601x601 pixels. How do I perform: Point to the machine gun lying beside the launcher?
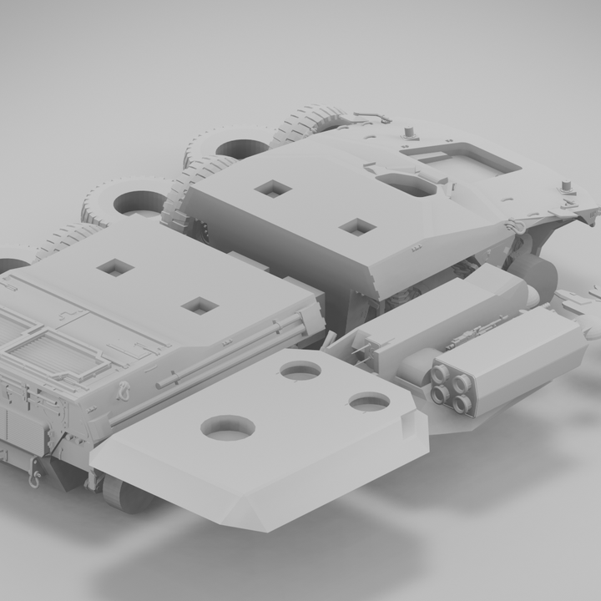point(472,335)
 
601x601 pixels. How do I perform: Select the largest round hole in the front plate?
point(228,428)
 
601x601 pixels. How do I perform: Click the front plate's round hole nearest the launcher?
point(369,402)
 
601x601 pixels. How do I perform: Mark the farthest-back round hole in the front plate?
point(300,371)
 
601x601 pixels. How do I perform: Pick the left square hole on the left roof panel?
point(115,268)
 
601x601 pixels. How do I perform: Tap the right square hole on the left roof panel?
point(199,306)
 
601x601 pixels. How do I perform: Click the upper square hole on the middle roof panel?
point(273,189)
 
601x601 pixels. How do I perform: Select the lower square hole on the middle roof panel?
point(357,226)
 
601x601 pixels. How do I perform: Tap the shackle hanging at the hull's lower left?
point(34,477)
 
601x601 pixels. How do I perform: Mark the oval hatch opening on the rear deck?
point(406,184)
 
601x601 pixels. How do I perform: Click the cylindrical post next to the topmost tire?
point(409,133)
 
